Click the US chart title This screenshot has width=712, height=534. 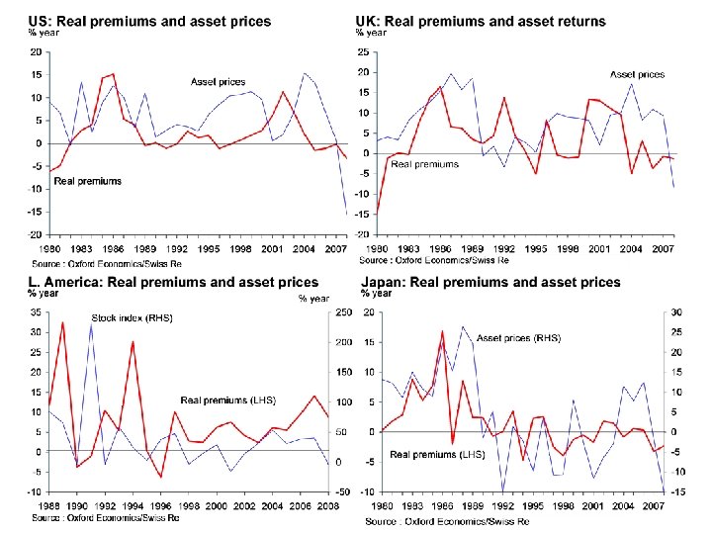click(x=149, y=22)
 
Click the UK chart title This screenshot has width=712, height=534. click(x=482, y=22)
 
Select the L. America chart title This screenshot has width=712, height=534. click(x=173, y=283)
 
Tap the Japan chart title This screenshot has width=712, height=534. click(x=491, y=283)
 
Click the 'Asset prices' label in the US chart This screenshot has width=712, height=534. click(x=218, y=81)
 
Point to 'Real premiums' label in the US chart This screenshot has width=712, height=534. click(x=88, y=181)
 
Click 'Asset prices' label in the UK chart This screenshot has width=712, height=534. click(x=637, y=74)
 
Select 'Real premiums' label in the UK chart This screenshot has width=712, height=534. click(x=424, y=164)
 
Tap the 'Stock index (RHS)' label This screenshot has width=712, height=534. click(x=132, y=318)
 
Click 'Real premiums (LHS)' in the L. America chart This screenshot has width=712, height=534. click(x=227, y=400)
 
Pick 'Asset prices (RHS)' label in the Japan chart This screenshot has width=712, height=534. click(x=518, y=338)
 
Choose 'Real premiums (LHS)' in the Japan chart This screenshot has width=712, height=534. click(x=437, y=455)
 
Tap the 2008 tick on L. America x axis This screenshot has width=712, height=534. click(x=327, y=507)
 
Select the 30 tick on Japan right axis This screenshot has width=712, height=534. click(x=674, y=313)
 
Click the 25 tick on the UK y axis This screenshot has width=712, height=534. click(x=364, y=52)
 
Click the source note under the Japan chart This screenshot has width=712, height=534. click(x=447, y=521)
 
